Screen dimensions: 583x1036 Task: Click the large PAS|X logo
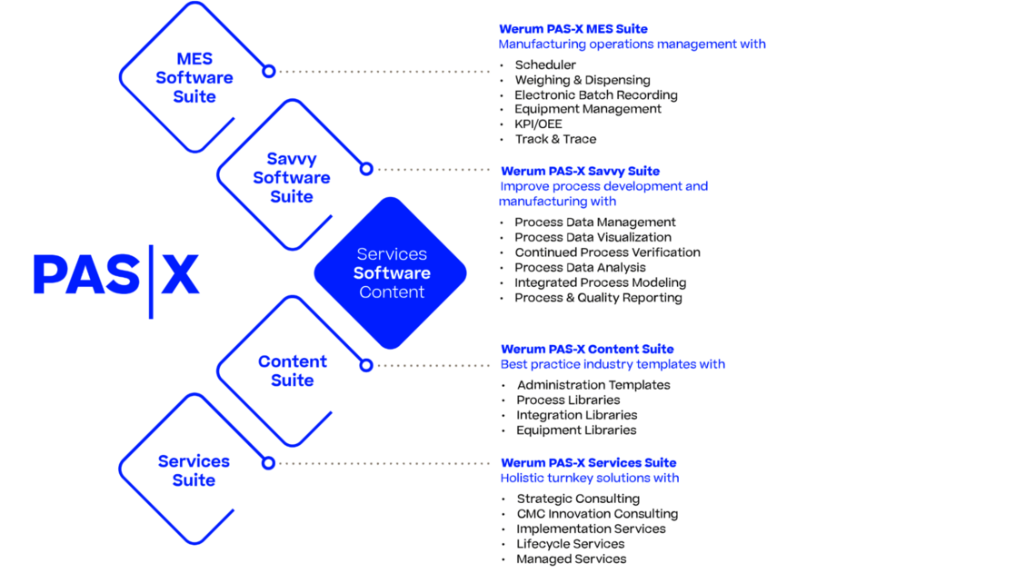point(116,273)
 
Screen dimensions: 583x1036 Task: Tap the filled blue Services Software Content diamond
point(391,272)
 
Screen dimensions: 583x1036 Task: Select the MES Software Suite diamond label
point(194,78)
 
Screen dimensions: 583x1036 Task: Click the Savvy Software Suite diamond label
point(291,178)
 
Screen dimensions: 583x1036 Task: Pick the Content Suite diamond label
point(292,371)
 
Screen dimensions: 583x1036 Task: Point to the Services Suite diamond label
point(194,470)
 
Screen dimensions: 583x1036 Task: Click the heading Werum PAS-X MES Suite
point(573,29)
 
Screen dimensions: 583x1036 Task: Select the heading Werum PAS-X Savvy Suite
point(580,171)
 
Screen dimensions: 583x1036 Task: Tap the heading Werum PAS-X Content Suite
point(587,349)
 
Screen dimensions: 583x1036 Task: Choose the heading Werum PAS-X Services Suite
point(588,462)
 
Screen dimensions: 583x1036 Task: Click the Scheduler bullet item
point(545,65)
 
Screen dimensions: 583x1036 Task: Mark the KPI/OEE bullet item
point(538,124)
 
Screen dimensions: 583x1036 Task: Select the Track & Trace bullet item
point(555,139)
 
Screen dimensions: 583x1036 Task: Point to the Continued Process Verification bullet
point(607,252)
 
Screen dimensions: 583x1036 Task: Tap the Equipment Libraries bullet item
point(576,430)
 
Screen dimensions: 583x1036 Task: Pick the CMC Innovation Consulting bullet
point(597,514)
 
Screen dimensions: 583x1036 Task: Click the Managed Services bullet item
point(571,559)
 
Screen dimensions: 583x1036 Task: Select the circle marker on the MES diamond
point(268,71)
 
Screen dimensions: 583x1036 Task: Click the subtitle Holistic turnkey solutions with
point(589,478)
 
